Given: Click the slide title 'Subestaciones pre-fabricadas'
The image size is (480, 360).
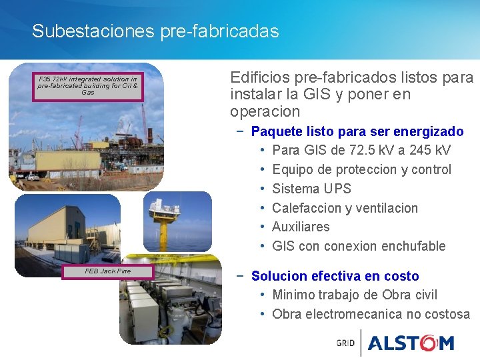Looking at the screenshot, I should tap(155, 31).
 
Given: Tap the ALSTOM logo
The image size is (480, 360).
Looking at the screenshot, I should tap(411, 343).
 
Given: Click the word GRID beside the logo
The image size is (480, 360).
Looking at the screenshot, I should tap(345, 343).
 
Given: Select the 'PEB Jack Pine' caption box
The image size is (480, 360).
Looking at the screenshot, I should tap(108, 271).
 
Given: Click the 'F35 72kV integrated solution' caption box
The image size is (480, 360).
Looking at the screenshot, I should tap(88, 86).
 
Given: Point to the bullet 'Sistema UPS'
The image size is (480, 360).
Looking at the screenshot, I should tap(311, 189).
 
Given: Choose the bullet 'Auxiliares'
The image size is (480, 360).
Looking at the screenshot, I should tap(301, 227).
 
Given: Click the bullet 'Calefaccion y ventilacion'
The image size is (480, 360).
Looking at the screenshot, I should tap(345, 208).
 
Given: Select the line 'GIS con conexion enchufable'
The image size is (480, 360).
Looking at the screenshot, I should tap(359, 246).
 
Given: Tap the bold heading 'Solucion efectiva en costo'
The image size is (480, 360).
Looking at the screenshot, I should tap(335, 276).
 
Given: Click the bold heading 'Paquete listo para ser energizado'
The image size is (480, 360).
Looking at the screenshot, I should tap(357, 131).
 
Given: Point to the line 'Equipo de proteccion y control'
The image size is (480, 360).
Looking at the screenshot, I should tap(361, 169).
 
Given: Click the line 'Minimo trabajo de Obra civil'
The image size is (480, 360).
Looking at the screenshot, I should tap(355, 295).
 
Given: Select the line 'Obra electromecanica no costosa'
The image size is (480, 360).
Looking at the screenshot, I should tap(371, 314).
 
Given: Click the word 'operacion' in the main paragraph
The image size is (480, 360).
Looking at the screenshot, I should tap(265, 111).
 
